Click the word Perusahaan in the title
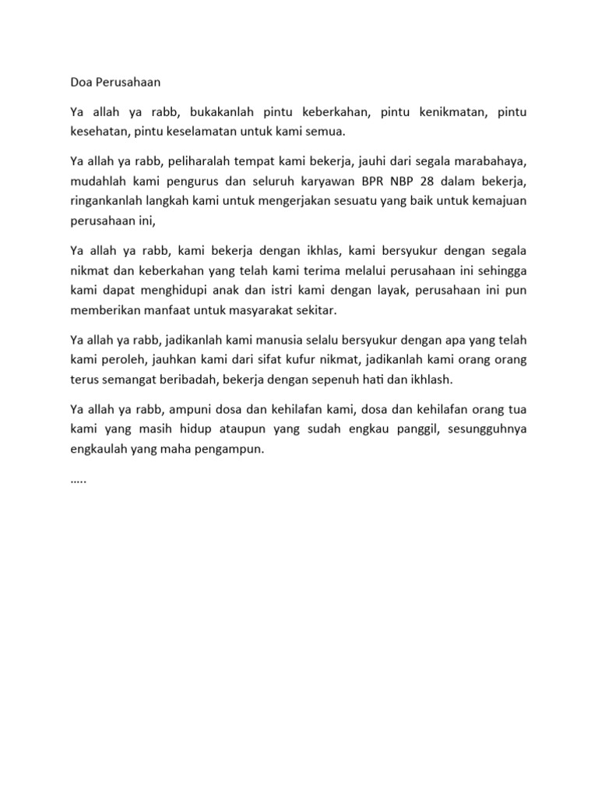[x=129, y=81]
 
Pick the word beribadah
[x=179, y=380]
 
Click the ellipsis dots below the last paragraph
[x=78, y=481]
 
